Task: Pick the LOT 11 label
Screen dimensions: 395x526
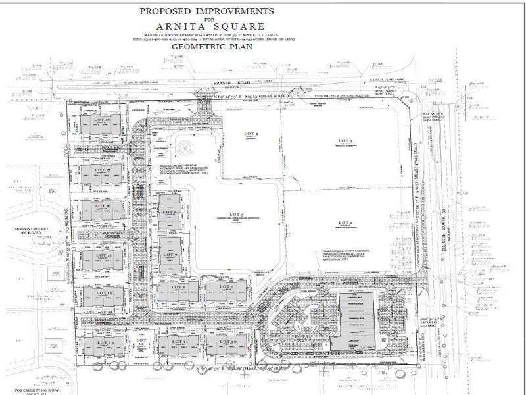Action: pos(178,343)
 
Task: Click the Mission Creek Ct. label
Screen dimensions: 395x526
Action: pos(30,230)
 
